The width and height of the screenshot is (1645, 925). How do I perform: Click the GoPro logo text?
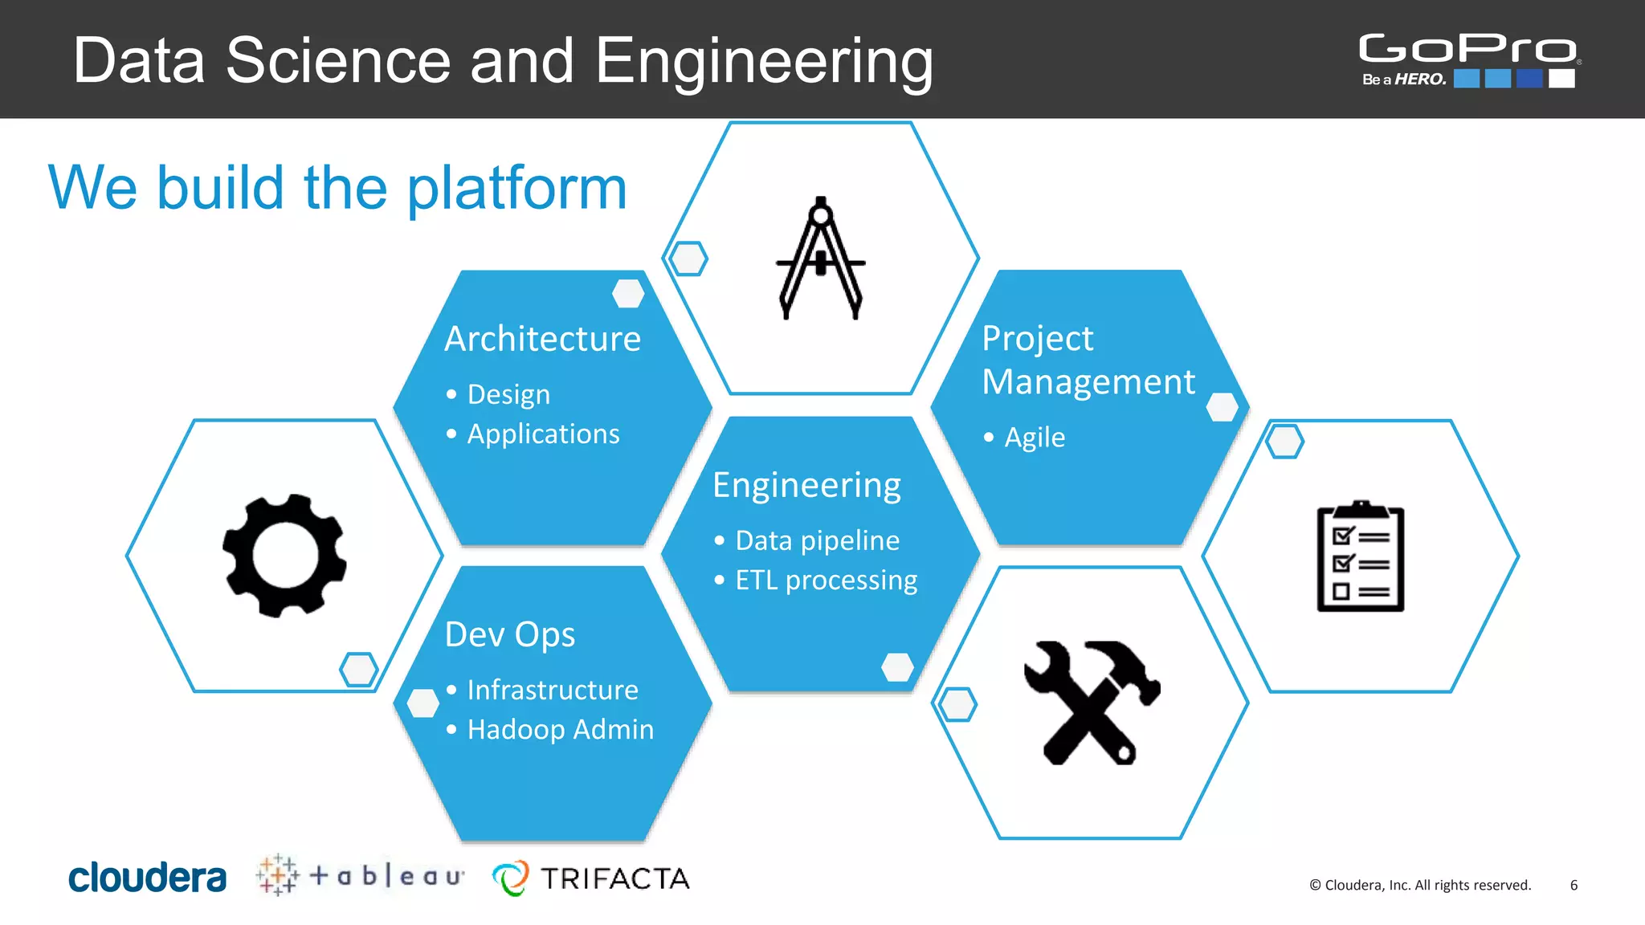(1467, 48)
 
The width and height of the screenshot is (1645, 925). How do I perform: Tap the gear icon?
(284, 556)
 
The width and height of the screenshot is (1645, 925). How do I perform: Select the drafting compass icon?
(820, 259)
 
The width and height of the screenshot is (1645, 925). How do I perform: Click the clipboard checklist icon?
(1360, 556)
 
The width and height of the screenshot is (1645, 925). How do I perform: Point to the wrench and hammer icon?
(1091, 703)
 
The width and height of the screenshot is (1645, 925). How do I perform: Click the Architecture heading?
(543, 339)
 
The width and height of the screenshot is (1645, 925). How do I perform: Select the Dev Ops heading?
(510, 634)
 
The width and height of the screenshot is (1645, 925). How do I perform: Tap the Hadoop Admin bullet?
(560, 729)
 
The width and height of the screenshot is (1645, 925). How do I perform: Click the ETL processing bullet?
(826, 580)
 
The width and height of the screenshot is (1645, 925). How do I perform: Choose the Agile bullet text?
(1035, 438)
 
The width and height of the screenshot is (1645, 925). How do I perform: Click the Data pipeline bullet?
(817, 540)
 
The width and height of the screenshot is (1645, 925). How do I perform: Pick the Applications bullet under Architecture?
(543, 434)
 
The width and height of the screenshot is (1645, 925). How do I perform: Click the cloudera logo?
(147, 878)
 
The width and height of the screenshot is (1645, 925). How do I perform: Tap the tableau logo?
(361, 875)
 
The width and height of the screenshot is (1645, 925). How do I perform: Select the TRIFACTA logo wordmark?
(614, 878)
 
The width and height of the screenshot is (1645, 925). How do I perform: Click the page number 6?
(1574, 885)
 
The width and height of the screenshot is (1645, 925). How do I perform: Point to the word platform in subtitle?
(516, 189)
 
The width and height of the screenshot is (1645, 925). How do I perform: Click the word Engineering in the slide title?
(764, 62)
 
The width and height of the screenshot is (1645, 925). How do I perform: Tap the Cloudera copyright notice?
(1420, 885)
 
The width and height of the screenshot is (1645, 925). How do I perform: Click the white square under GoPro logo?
(1561, 79)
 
